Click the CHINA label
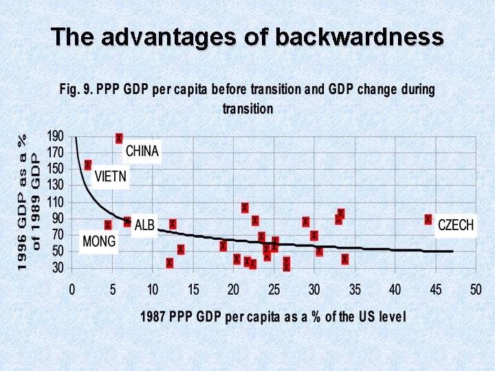click(142, 151)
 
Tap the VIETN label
click(111, 177)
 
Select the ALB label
click(144, 225)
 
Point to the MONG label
click(99, 242)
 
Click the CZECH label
click(456, 225)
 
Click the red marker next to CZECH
click(428, 219)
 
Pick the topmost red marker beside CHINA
click(119, 138)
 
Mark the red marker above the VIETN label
click(88, 165)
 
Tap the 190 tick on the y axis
click(55, 136)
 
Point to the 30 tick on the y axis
click(58, 268)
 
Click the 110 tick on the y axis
click(55, 202)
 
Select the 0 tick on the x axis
click(71, 289)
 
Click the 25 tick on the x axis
click(274, 289)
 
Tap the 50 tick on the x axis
click(475, 289)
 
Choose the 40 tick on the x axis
click(395, 289)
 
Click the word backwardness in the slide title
click(360, 36)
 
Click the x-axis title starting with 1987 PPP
click(273, 317)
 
